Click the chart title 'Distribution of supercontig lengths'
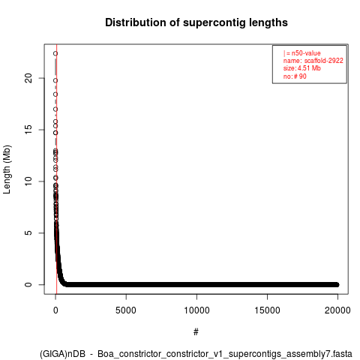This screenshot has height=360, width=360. tap(196, 22)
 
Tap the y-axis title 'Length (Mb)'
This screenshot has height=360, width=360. tap(7, 169)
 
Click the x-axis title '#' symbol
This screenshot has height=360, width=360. tap(196, 332)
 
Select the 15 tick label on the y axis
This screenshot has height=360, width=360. tap(28, 130)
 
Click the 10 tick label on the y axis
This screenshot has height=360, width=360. tap(28, 181)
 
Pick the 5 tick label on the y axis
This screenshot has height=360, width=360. tap(28, 232)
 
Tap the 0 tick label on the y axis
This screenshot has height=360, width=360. tap(28, 284)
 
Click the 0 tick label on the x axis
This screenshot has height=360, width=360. tap(55, 310)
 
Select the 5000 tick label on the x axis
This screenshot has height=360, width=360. tap(126, 310)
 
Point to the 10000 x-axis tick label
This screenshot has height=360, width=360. tap(196, 310)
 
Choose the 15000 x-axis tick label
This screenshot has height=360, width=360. tap(267, 310)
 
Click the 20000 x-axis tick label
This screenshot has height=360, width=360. tap(337, 310)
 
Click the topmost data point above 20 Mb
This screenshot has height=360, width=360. tap(55, 53)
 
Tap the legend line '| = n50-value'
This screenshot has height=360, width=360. tap(302, 53)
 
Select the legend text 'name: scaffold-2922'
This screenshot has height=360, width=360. tap(313, 61)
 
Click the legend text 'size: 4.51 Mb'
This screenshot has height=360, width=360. tap(302, 68)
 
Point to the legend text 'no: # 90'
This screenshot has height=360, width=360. tap(295, 76)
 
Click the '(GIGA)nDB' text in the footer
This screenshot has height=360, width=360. tap(62, 354)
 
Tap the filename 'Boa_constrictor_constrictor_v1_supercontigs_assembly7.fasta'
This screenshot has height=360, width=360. tap(225, 354)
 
